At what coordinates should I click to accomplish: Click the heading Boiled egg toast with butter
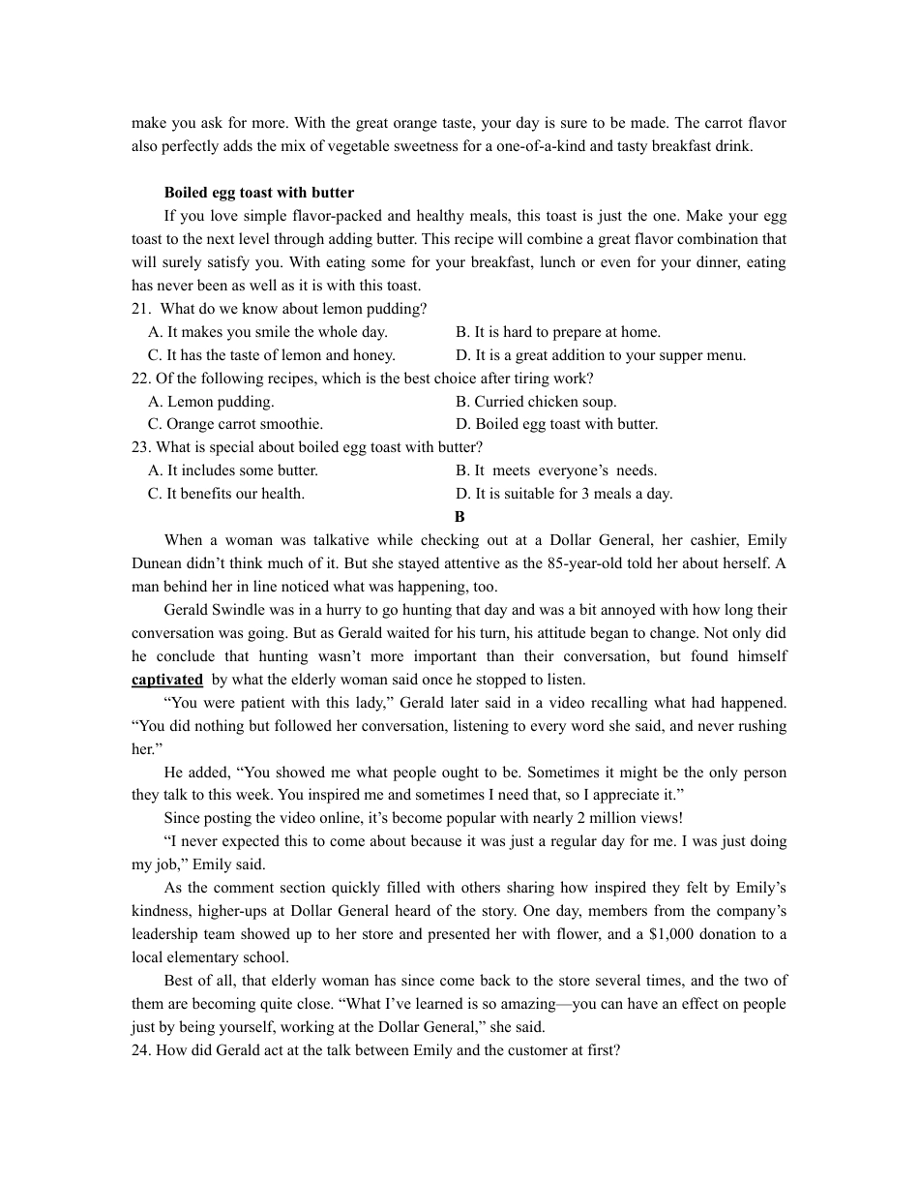pos(259,193)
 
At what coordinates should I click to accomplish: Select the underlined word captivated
pos(167,680)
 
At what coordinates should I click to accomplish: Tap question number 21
pos(141,309)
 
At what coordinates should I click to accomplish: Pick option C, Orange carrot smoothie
pos(236,424)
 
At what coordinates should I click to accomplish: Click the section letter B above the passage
pos(459,517)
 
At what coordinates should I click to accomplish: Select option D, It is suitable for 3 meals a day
pos(564,494)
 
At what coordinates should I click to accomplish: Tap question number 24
pos(141,1050)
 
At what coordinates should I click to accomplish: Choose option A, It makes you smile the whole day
pos(268,332)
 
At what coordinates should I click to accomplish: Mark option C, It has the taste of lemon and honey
pos(272,355)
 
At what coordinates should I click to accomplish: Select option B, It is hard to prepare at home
pos(558,332)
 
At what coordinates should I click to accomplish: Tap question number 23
pos(141,447)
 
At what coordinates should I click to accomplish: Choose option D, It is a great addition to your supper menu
pos(601,355)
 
